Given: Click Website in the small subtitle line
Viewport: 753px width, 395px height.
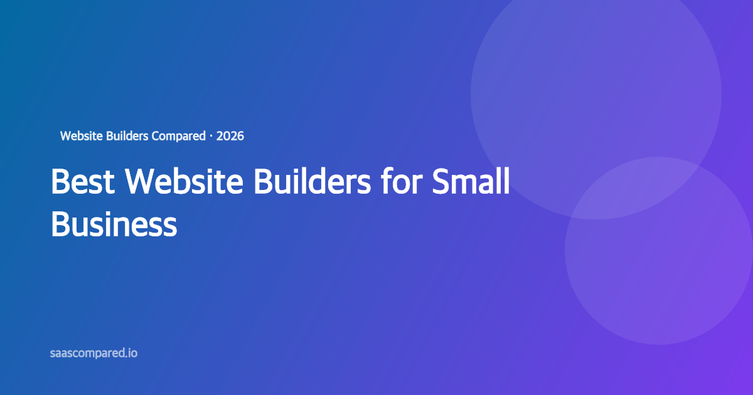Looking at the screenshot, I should (82, 135).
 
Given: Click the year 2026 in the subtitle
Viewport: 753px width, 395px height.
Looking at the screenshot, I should (230, 135).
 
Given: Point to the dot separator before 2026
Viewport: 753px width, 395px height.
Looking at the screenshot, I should (211, 135).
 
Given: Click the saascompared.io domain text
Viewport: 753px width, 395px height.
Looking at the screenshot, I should (93, 353).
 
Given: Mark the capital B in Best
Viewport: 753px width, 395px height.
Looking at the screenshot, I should (60, 182).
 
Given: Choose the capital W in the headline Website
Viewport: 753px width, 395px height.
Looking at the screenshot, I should (140, 182).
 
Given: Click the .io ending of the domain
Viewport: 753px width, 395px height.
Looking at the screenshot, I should (131, 353).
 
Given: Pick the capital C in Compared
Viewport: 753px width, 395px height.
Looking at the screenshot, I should (156, 135).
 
